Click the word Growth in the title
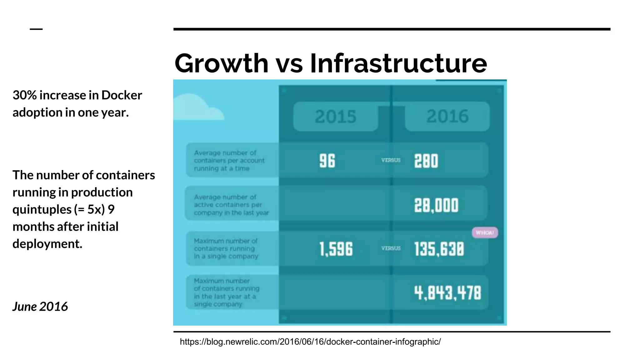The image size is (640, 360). (221, 64)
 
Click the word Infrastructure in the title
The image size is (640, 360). (398, 64)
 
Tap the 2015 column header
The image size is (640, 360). (335, 117)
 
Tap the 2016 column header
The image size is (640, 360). (447, 116)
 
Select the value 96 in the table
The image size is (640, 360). (327, 161)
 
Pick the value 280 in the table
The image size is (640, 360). (426, 161)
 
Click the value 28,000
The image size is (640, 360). (436, 206)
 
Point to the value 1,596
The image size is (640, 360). (336, 249)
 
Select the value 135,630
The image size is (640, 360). (439, 249)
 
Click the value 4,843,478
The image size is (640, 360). (447, 293)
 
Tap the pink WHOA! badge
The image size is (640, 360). (485, 232)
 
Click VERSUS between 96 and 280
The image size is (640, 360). (391, 160)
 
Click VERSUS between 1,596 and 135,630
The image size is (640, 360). (391, 248)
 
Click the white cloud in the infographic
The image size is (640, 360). (197, 108)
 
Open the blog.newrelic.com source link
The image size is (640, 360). (310, 342)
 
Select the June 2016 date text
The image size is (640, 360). (40, 307)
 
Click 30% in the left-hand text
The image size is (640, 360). (24, 95)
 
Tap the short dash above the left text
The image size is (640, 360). (36, 29)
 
